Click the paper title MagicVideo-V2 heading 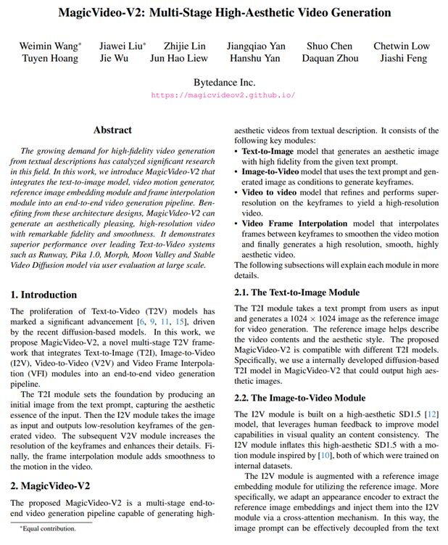[x=224, y=13]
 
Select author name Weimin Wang [x=49, y=46]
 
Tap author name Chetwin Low [x=401, y=46]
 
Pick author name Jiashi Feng [x=401, y=58]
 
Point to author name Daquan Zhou [x=330, y=58]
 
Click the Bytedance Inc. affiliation [x=224, y=82]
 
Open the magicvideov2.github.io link [x=224, y=95]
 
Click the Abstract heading [x=112, y=131]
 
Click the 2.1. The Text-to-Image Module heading [x=296, y=292]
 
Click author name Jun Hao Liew [x=178, y=58]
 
